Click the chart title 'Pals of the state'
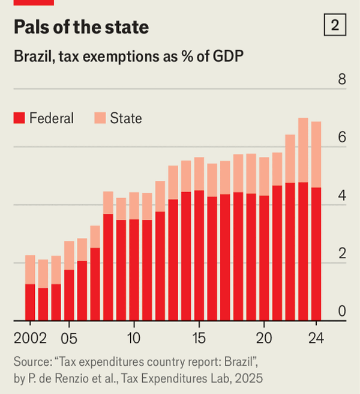(x=80, y=27)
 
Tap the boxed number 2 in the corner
(x=334, y=26)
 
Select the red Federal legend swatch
(x=20, y=118)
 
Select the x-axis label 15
(x=199, y=338)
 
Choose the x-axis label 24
(x=316, y=338)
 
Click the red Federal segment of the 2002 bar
(x=30, y=302)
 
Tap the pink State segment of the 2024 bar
(x=316, y=154)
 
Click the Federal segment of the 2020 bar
(x=264, y=258)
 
